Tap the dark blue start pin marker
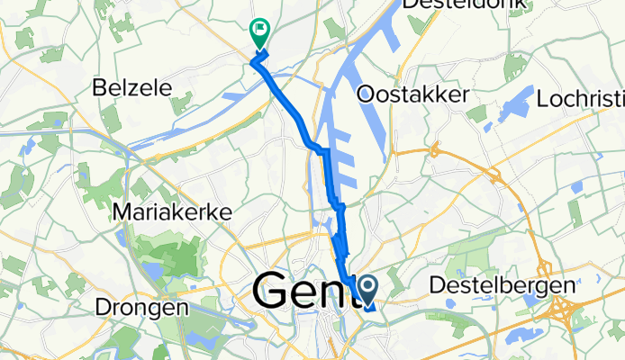coord(368,290)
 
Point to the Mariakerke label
coord(174,212)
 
